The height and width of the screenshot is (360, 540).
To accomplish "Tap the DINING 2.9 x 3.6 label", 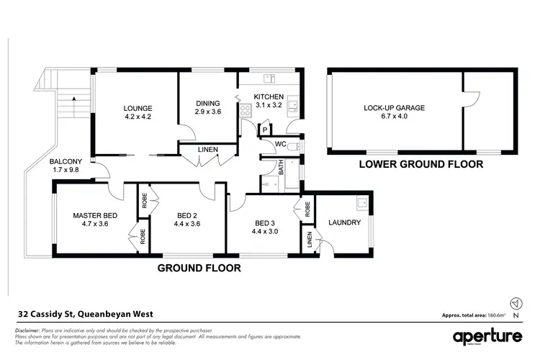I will [x=207, y=107].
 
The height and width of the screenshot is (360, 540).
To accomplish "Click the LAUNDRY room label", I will [x=343, y=222].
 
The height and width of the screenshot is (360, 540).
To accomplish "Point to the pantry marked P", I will [x=265, y=130].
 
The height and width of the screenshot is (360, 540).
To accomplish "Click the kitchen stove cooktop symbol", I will [x=245, y=111].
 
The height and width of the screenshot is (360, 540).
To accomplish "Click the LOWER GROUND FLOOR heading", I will [x=421, y=165].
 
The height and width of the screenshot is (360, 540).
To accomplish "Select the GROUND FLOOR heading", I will [x=199, y=268].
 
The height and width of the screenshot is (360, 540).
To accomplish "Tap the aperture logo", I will [x=487, y=337].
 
